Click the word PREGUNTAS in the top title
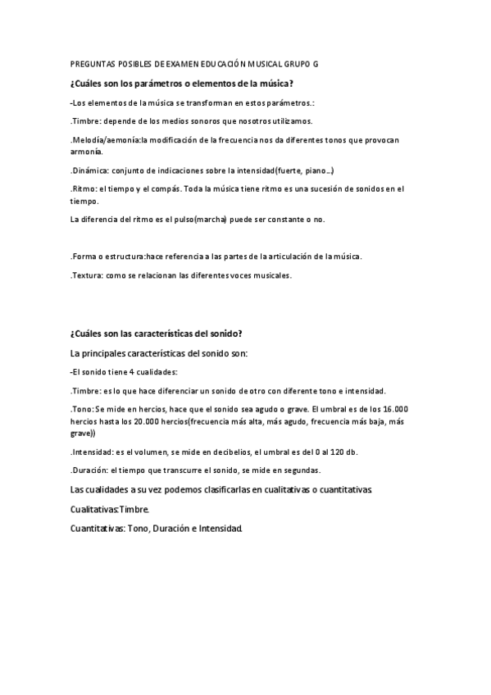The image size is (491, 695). point(93,63)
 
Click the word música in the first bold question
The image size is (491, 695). point(275,83)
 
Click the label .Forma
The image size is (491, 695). point(84,257)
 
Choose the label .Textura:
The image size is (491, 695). point(87,275)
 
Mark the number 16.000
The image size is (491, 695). point(395,409)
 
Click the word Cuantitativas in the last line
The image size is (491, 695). point(97,529)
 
